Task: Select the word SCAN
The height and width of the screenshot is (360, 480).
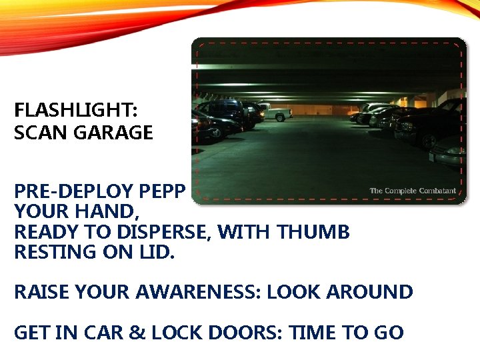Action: (41, 133)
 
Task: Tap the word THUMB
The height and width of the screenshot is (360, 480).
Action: (313, 233)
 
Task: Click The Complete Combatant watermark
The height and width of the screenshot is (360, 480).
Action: (413, 191)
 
